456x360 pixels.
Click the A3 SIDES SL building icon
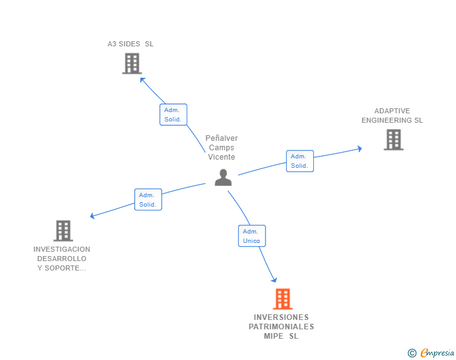[132, 63]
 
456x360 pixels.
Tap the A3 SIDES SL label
[130, 44]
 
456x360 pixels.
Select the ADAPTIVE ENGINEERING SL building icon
[393, 140]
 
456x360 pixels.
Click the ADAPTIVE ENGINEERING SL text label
[392, 116]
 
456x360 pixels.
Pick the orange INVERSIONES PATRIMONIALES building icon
[282, 299]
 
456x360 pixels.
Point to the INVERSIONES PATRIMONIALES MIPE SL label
[281, 327]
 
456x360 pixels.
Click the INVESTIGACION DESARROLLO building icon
[63, 230]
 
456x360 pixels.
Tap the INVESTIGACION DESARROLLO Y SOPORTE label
[62, 259]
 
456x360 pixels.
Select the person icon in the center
[223, 178]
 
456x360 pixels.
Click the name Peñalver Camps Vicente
[222, 148]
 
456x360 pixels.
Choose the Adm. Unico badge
[252, 236]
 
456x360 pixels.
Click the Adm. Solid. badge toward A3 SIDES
[173, 115]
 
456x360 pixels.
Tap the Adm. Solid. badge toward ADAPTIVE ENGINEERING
[299, 161]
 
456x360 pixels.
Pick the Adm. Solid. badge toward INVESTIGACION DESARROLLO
[148, 200]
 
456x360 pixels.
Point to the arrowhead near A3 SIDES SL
[143, 80]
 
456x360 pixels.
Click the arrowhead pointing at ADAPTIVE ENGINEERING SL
[359, 148]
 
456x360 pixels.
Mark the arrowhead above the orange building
[274, 279]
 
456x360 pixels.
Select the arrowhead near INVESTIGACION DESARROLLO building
[93, 216]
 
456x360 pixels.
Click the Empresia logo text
[437, 353]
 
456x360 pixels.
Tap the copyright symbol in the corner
[412, 353]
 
